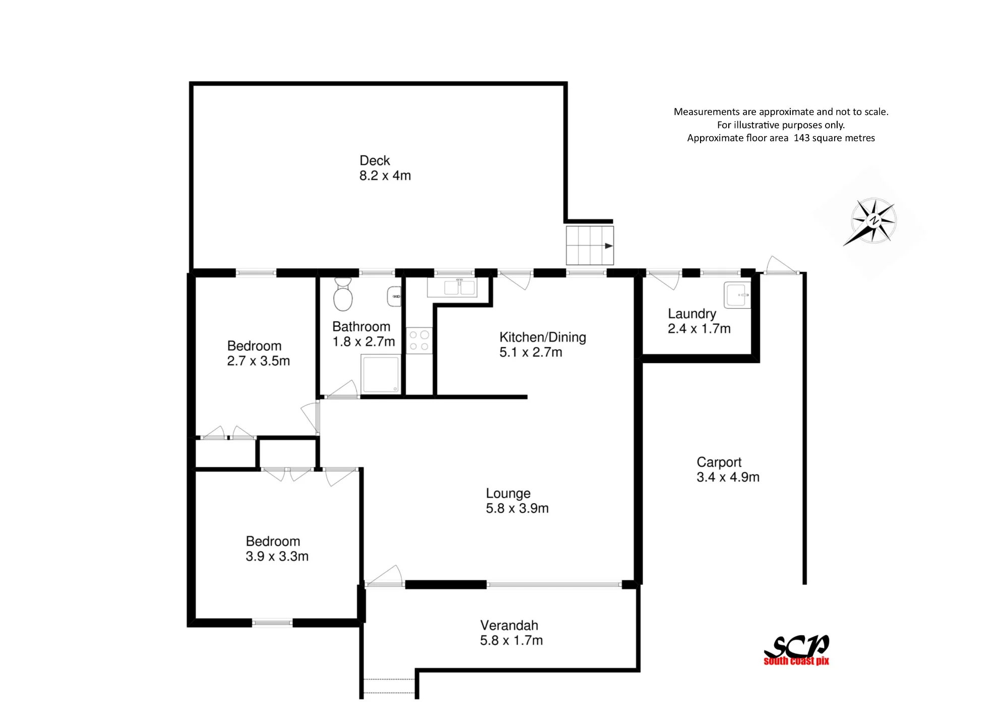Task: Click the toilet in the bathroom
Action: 343,294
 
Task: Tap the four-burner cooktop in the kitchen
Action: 419,340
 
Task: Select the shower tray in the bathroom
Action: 381,374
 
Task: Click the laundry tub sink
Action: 737,295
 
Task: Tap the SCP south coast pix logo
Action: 796,650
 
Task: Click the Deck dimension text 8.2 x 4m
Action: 385,175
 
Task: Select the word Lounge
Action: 508,493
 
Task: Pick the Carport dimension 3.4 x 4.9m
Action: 728,477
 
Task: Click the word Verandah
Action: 509,625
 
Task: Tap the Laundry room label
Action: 692,314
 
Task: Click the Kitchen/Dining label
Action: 543,337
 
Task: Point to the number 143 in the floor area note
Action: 802,138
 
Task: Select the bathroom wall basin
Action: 394,296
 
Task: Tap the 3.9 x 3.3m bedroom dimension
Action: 277,556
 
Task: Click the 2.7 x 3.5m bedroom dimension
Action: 259,361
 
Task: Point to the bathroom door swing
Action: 342,389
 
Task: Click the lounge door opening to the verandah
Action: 384,576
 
